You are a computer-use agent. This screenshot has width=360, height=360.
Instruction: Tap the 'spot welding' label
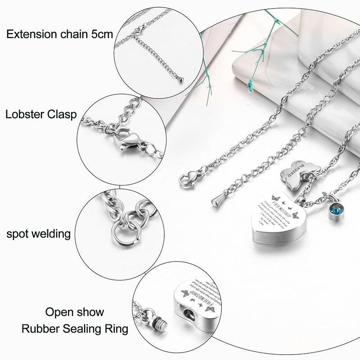pos(38,234)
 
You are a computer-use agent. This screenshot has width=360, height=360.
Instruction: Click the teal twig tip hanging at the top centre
pos(251,83)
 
